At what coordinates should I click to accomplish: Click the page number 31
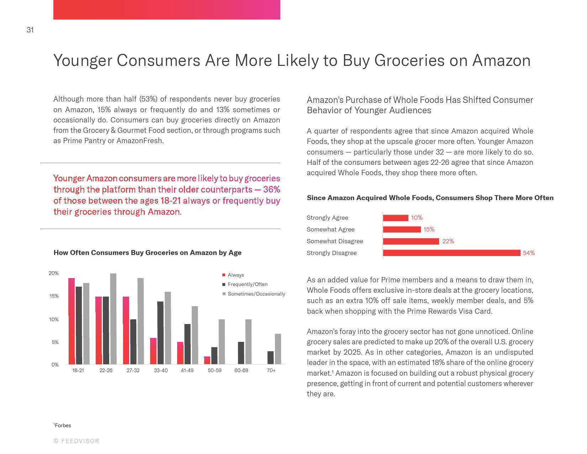pyautogui.click(x=30, y=30)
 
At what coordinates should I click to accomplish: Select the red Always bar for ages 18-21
pyautogui.click(x=72, y=321)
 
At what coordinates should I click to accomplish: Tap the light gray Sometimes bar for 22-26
pyautogui.click(x=113, y=319)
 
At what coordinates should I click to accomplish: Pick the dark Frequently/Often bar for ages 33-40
pyautogui.click(x=160, y=333)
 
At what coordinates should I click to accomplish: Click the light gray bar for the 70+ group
pyautogui.click(x=278, y=349)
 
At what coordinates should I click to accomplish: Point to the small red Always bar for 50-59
pyautogui.click(x=207, y=360)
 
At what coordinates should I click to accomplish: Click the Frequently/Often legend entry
pyautogui.click(x=247, y=284)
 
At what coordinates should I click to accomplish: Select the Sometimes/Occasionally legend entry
pyautogui.click(x=256, y=294)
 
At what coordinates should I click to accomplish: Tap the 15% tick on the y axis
pyautogui.click(x=54, y=296)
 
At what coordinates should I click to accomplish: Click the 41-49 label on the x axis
pyautogui.click(x=187, y=370)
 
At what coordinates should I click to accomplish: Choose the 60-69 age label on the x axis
pyautogui.click(x=241, y=370)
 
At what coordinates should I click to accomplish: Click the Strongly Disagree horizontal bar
pyautogui.click(x=451, y=253)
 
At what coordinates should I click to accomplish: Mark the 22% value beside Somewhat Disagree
pyautogui.click(x=448, y=241)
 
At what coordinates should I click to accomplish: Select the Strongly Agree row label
pyautogui.click(x=327, y=218)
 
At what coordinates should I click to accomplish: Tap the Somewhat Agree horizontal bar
pyautogui.click(x=402, y=229)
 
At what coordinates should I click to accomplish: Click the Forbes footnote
pyautogui.click(x=63, y=426)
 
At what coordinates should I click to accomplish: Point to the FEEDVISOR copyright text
pyautogui.click(x=76, y=441)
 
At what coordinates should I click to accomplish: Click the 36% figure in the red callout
pyautogui.click(x=272, y=189)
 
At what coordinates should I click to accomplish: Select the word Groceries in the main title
pyautogui.click(x=409, y=60)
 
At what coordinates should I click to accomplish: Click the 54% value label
pyautogui.click(x=529, y=253)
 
